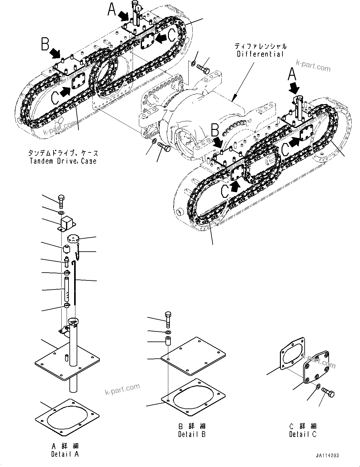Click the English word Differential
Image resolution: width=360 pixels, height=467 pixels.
pyautogui.click(x=260, y=54)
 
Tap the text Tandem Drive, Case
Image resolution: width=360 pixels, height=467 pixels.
pyautogui.click(x=63, y=161)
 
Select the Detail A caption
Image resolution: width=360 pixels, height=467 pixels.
pyautogui.click(x=65, y=454)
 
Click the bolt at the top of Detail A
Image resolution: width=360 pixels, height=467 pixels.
pyautogui.click(x=61, y=200)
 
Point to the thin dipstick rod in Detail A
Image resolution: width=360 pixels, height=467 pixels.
pyautogui.click(x=75, y=282)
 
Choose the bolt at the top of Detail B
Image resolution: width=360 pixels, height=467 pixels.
pyautogui.click(x=168, y=319)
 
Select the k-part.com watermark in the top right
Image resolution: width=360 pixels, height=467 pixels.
pyautogui.click(x=313, y=66)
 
